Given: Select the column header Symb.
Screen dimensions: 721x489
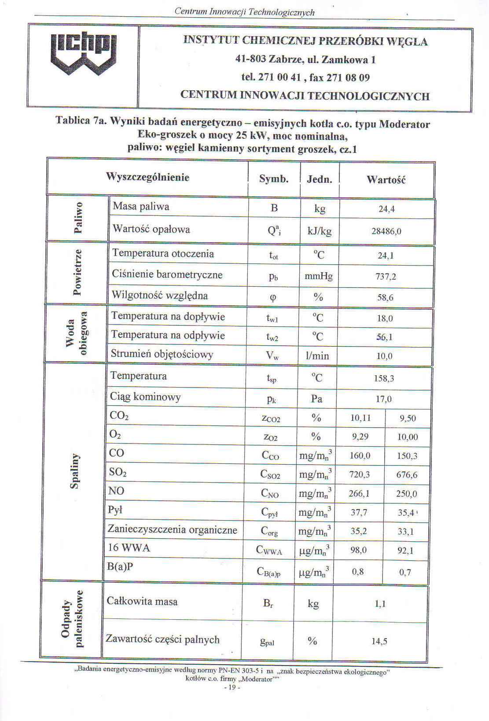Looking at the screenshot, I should pyautogui.click(x=274, y=179).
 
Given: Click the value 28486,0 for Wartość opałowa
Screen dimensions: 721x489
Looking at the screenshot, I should pyautogui.click(x=386, y=231).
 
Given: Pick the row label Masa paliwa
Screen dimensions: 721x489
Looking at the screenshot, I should pyautogui.click(x=141, y=207).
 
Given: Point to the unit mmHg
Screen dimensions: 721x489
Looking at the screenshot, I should pyautogui.click(x=319, y=277).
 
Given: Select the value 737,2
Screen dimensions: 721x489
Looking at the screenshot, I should pyautogui.click(x=386, y=277).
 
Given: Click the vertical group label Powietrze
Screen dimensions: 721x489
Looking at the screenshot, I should pyautogui.click(x=77, y=272).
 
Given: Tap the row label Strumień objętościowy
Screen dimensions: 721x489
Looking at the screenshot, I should pyautogui.click(x=162, y=354).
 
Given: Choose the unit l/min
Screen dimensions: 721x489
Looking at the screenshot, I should pyautogui.click(x=317, y=356).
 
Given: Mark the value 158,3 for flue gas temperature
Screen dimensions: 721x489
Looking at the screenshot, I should pyautogui.click(x=384, y=378).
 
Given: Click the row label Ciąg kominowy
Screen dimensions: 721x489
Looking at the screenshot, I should pyautogui.click(x=145, y=397).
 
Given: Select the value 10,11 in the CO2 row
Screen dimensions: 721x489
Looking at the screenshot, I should pyautogui.click(x=360, y=418).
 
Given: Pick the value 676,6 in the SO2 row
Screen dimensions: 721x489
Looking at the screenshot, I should pyautogui.click(x=407, y=475).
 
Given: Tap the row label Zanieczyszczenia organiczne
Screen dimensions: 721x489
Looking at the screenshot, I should pyautogui.click(x=173, y=529).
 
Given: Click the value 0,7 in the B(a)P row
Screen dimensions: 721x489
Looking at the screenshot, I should pyautogui.click(x=405, y=573).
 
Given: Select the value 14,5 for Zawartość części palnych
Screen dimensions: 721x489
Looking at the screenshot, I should pyautogui.click(x=379, y=641).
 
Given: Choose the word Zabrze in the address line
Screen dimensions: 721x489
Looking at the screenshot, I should pyautogui.click(x=285, y=59).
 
